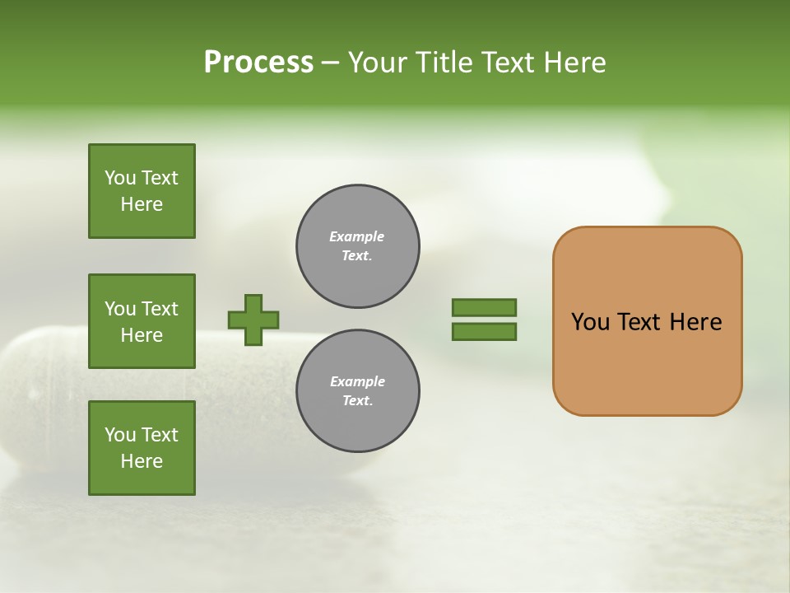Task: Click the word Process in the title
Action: click(258, 63)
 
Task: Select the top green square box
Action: click(142, 191)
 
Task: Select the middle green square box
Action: click(142, 321)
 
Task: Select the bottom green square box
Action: click(142, 448)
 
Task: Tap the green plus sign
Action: click(253, 320)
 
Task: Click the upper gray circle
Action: click(358, 246)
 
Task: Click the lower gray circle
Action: click(358, 391)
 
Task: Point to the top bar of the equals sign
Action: click(484, 307)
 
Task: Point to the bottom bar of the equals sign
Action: click(484, 332)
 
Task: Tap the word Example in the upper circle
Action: click(357, 237)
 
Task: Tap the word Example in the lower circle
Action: click(357, 382)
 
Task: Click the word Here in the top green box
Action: click(142, 204)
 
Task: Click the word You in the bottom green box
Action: click(120, 435)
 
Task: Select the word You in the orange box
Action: click(590, 322)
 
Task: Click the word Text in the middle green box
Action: click(160, 309)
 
